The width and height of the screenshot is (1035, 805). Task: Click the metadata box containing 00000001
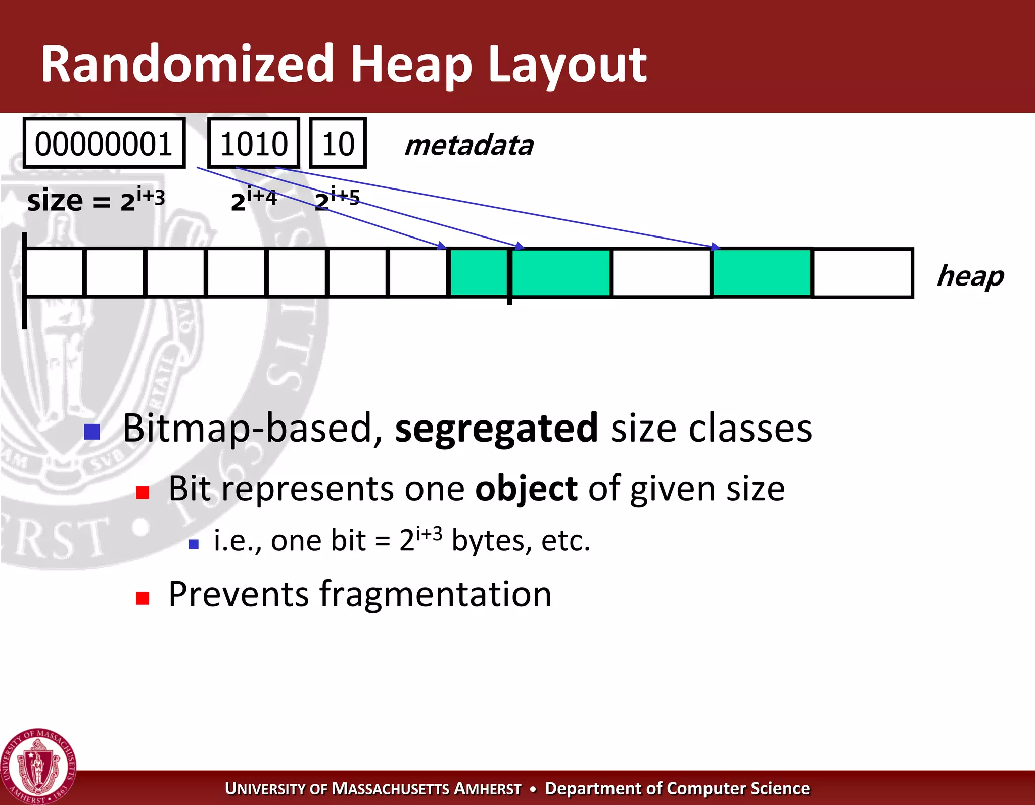[x=104, y=144]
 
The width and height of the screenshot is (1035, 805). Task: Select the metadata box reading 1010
[x=254, y=144]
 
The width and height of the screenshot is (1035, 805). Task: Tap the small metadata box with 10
[x=338, y=144]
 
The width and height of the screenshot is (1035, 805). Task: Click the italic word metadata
[x=468, y=146]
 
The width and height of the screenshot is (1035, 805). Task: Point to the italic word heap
[x=970, y=276]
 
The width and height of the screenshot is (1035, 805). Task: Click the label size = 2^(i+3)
[x=96, y=200]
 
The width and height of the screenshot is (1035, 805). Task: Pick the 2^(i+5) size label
[x=337, y=199]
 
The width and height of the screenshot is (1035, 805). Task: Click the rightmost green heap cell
[x=762, y=273]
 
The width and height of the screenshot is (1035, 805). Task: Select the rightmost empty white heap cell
[x=862, y=273]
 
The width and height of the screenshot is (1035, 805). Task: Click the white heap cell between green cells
[x=661, y=273]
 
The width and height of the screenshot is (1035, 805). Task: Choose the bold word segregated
[x=496, y=429]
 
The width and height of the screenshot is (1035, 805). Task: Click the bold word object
[x=526, y=489]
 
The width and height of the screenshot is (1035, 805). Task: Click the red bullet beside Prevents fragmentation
[x=143, y=598]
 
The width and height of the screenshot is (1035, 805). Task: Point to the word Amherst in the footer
[x=488, y=789]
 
